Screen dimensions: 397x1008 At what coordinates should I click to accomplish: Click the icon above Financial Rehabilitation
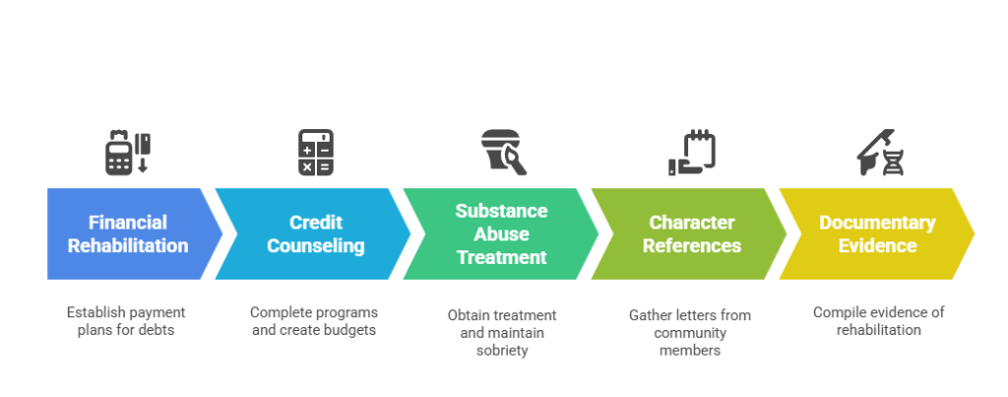coord(128,153)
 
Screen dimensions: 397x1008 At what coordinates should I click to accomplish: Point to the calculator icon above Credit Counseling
coord(315,153)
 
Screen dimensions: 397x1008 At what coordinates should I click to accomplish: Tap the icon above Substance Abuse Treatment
coord(503,153)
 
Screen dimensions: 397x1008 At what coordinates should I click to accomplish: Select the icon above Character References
coord(692,153)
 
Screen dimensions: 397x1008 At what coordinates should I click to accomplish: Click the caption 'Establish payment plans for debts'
coord(127,321)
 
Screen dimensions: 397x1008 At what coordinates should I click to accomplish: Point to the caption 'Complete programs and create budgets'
coord(314,321)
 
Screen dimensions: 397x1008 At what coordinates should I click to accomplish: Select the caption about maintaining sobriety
coord(502,332)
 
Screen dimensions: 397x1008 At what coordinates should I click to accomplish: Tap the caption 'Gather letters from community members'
coord(690,332)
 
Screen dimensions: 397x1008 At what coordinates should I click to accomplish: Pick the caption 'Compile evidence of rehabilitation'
coord(878,321)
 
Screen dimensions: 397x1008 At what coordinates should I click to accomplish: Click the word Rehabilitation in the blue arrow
coord(128,245)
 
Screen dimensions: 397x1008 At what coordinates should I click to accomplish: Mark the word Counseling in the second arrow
coord(315,245)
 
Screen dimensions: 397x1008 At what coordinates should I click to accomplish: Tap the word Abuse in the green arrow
coord(502,234)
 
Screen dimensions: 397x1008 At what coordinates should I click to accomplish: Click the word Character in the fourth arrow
coord(690,223)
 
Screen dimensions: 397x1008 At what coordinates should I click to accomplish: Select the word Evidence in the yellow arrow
coord(877,245)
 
